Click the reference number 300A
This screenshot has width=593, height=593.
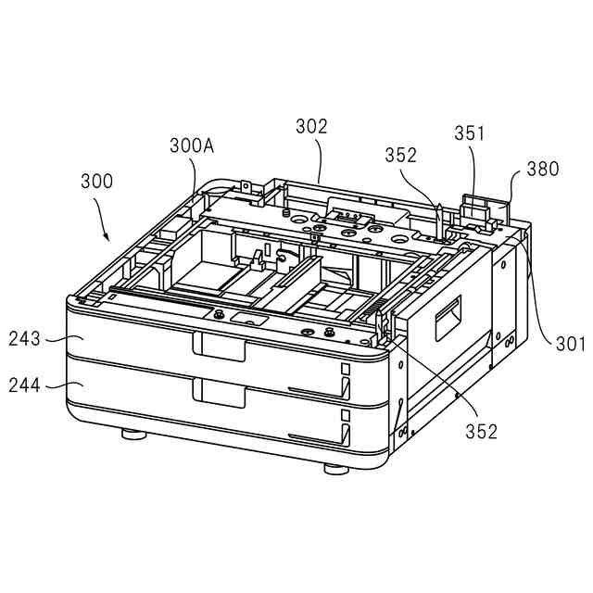(192, 146)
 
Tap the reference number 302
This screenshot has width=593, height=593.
(311, 126)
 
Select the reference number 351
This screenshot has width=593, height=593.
(469, 133)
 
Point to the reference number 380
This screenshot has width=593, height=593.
(543, 169)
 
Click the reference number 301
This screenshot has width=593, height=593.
(570, 344)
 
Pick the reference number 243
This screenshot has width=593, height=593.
(24, 338)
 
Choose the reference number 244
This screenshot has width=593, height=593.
(24, 385)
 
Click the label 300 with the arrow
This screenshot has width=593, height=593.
(96, 182)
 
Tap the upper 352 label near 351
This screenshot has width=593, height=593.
(401, 155)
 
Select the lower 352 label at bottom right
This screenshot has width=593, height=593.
(481, 431)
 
